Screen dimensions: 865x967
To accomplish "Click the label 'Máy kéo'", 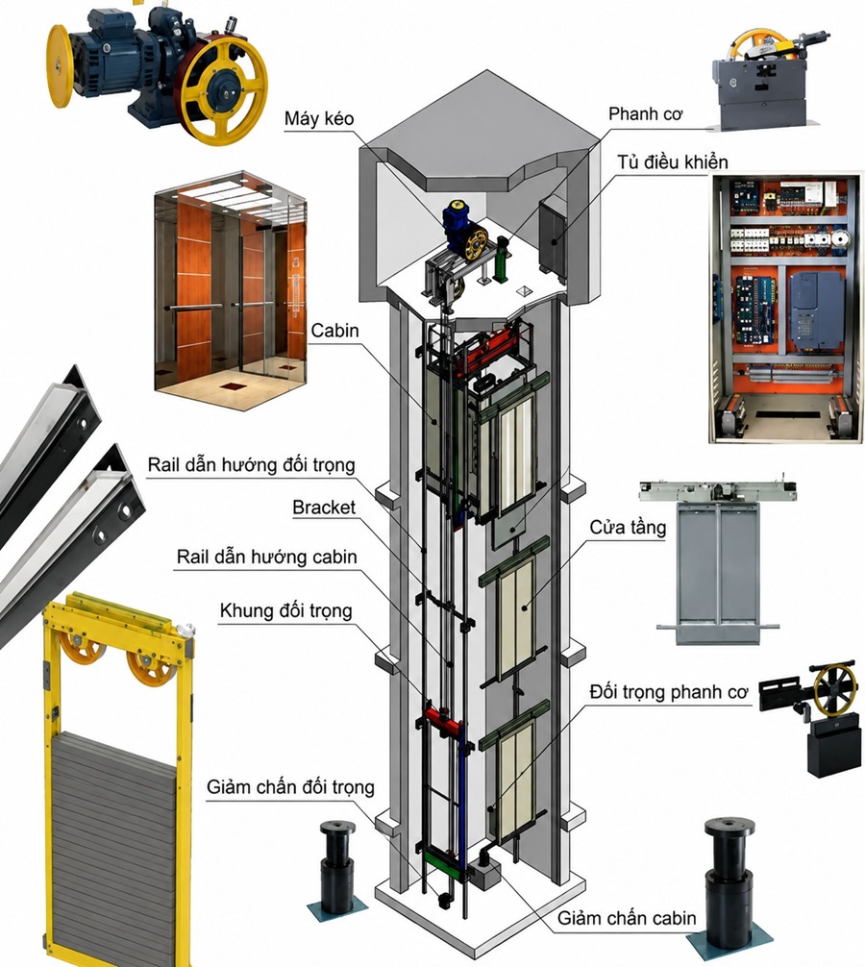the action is click(x=319, y=118).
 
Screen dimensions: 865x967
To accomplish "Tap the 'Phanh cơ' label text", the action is click(x=645, y=114).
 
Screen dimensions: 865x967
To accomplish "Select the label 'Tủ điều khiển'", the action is click(x=673, y=162).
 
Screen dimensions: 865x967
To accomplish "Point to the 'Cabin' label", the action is click(x=334, y=331).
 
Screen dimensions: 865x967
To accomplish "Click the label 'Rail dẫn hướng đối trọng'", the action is click(x=251, y=465).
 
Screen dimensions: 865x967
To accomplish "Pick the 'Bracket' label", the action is click(x=324, y=508).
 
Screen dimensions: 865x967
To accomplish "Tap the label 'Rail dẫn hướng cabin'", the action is click(x=266, y=557).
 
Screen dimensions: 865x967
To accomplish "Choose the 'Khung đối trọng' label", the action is click(x=286, y=611).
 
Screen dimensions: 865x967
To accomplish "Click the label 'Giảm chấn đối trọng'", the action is click(x=290, y=787).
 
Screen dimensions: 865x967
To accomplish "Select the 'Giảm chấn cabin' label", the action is click(x=627, y=918).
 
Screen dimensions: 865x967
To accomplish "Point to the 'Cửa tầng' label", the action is click(x=628, y=528).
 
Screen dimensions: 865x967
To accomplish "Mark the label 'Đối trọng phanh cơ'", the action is click(x=668, y=692).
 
